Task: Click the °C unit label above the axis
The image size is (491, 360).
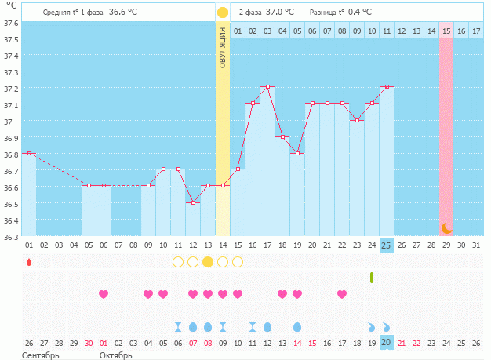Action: point(10,6)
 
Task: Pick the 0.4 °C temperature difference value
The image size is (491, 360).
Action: point(360,13)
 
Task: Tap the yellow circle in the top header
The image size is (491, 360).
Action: point(223,13)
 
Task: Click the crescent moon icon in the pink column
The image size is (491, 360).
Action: point(446,228)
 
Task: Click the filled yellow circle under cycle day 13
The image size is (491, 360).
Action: point(208,262)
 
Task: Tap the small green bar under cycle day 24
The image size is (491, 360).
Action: point(372,277)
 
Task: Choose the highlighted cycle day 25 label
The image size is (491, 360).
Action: point(386,245)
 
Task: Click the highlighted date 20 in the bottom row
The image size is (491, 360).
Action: point(386,343)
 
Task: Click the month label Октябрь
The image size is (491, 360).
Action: point(116,355)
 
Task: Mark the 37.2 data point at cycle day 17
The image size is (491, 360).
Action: point(267,86)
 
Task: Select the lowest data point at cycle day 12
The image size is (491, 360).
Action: point(193,202)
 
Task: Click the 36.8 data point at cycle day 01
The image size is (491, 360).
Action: point(29,153)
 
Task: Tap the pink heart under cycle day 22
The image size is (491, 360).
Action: point(342,294)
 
